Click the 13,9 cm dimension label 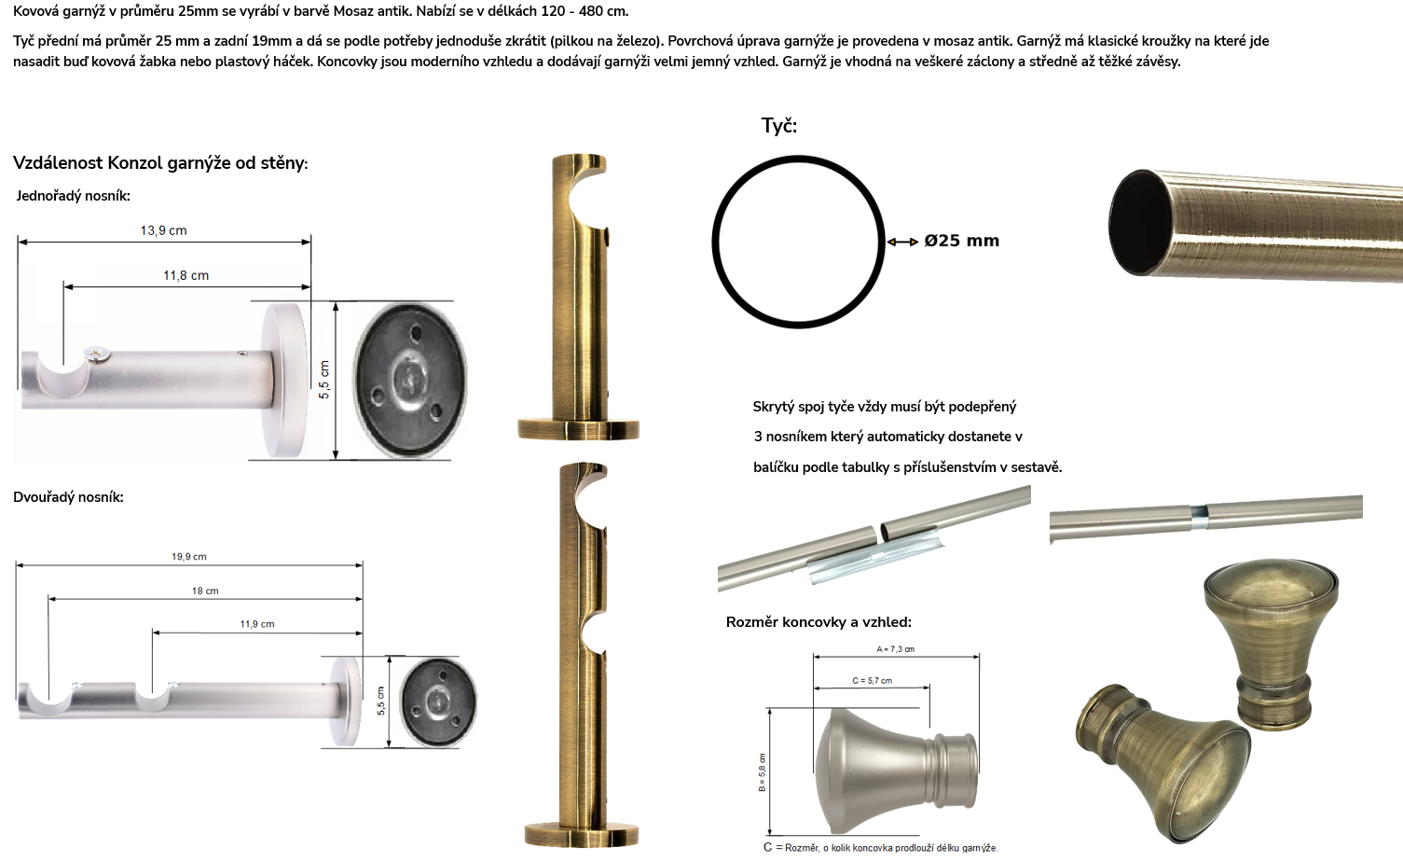pyautogui.click(x=163, y=230)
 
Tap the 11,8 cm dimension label pyautogui.click(x=186, y=276)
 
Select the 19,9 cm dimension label pyautogui.click(x=189, y=557)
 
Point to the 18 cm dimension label pyautogui.click(x=205, y=591)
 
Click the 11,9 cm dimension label pyautogui.click(x=257, y=624)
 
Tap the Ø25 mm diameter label pyautogui.click(x=961, y=241)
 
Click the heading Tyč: pyautogui.click(x=779, y=126)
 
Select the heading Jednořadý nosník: pyautogui.click(x=74, y=196)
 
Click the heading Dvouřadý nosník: pyautogui.click(x=68, y=497)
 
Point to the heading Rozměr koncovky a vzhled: pyautogui.click(x=818, y=622)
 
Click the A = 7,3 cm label pyautogui.click(x=896, y=649)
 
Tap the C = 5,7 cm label pyautogui.click(x=872, y=681)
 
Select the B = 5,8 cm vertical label pyautogui.click(x=763, y=772)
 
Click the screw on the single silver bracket pyautogui.click(x=98, y=355)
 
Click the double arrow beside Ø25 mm pyautogui.click(x=902, y=242)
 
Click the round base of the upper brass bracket pyautogui.click(x=578, y=429)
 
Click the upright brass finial pyautogui.click(x=1272, y=645)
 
